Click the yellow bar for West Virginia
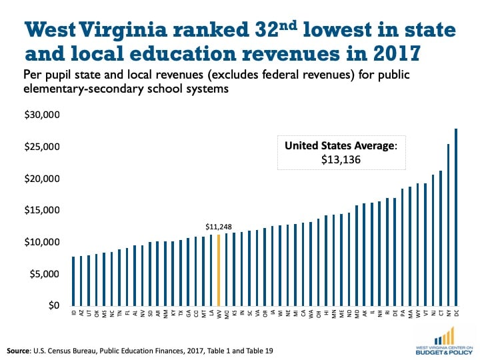coord(219,270)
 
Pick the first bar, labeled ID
coord(73,281)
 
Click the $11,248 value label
coord(219,227)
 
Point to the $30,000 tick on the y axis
coord(42,115)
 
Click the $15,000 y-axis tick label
coord(42,210)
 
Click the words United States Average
coord(339,145)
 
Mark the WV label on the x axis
coord(219,313)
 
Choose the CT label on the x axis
coord(441,313)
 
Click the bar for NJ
coord(433,240)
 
